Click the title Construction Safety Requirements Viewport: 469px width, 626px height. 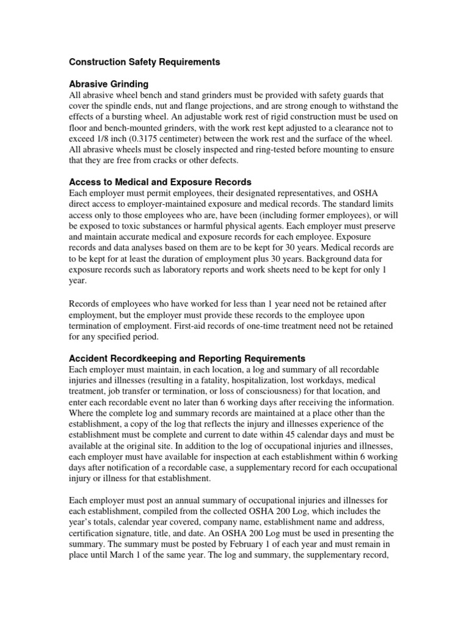(x=144, y=62)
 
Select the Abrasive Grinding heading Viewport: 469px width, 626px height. (x=109, y=84)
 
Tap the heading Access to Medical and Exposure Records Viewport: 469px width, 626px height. (x=160, y=182)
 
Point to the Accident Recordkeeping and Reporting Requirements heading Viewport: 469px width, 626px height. (x=187, y=358)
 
